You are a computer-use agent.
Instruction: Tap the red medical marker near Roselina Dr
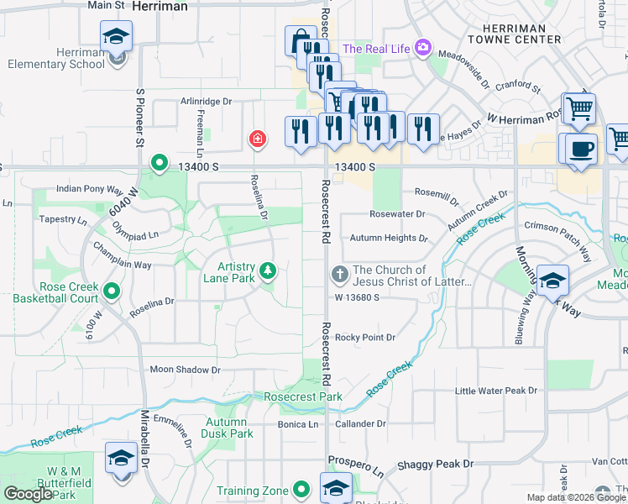257,139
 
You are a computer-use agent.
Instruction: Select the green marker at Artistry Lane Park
268,270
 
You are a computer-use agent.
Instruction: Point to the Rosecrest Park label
302,396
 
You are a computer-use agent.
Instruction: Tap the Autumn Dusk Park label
228,428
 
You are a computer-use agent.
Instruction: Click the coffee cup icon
581,149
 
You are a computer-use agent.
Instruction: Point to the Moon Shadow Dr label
185,370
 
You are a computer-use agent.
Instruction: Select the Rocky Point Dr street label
365,338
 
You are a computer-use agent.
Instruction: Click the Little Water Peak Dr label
495,391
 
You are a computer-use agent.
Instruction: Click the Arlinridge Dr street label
206,102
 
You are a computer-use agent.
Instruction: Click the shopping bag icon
300,40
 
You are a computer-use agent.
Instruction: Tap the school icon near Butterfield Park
121,459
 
